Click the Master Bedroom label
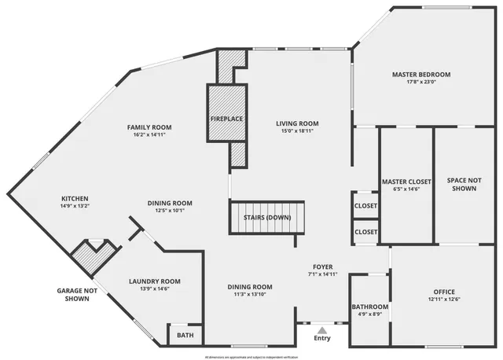coord(420,75)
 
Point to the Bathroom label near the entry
coord(370,307)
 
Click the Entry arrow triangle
coord(322,329)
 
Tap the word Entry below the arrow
coord(322,339)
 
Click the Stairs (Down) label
coord(263,217)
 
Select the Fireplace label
coord(226,119)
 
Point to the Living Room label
coord(297,123)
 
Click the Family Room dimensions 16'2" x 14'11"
coord(149,135)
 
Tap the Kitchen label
coord(75,198)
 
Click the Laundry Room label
coord(154,281)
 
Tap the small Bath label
coord(185,336)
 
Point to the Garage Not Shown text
coord(77,295)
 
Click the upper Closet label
coord(365,206)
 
